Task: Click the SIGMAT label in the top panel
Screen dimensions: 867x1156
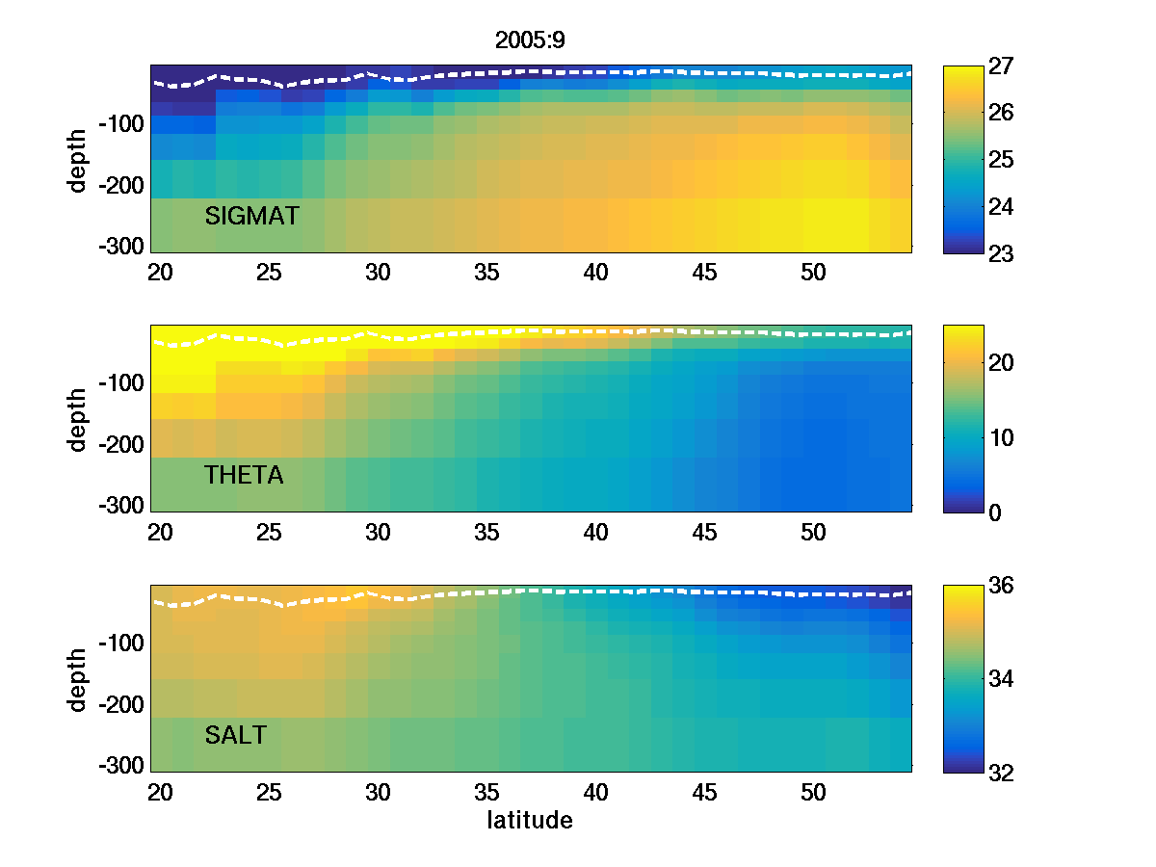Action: (252, 216)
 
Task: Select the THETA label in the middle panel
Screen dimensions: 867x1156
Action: (244, 475)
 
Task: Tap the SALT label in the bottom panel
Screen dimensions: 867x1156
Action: (236, 736)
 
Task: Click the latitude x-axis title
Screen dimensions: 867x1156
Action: (530, 821)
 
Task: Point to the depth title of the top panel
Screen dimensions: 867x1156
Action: (78, 160)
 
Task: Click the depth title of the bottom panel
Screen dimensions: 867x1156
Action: (78, 679)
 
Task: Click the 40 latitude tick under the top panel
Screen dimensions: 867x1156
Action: (596, 273)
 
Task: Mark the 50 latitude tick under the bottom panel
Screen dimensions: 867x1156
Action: (814, 793)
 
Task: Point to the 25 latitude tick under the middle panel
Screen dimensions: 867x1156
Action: (269, 533)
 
